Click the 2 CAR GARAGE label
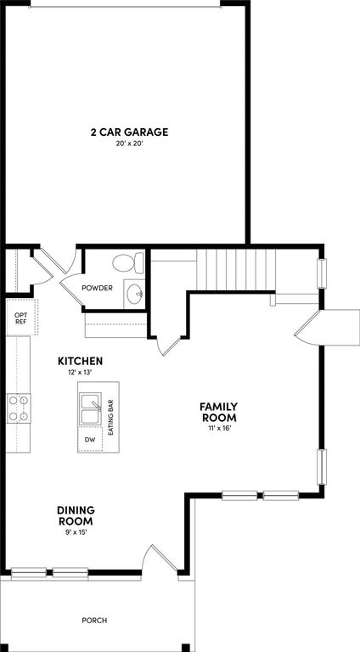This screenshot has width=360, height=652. [x=130, y=132]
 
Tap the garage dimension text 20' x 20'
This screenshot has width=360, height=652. [x=130, y=144]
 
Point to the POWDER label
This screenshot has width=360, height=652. [x=97, y=288]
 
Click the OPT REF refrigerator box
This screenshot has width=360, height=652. [x=21, y=318]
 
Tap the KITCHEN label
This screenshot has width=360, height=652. [x=81, y=360]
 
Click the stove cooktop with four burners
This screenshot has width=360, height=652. [x=19, y=408]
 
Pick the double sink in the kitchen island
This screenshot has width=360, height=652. [x=90, y=410]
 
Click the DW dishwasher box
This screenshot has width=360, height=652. [x=90, y=440]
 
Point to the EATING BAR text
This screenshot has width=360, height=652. [x=110, y=419]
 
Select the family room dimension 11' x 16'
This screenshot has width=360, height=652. [x=218, y=428]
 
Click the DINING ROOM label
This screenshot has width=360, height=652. [x=75, y=514]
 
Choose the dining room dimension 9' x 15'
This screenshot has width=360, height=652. [x=75, y=531]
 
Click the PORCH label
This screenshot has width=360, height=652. [x=94, y=621]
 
